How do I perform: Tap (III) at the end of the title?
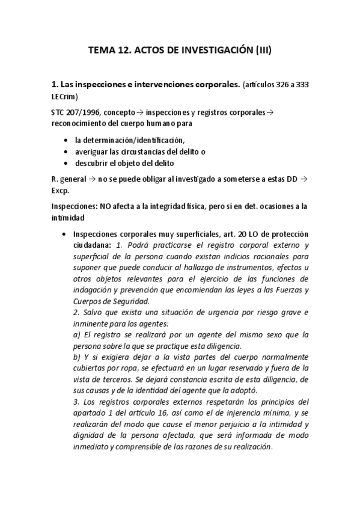click(261, 52)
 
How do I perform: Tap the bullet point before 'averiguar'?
click(66, 152)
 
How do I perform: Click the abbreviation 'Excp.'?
click(61, 190)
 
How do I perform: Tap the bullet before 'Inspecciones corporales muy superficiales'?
click(65, 233)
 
